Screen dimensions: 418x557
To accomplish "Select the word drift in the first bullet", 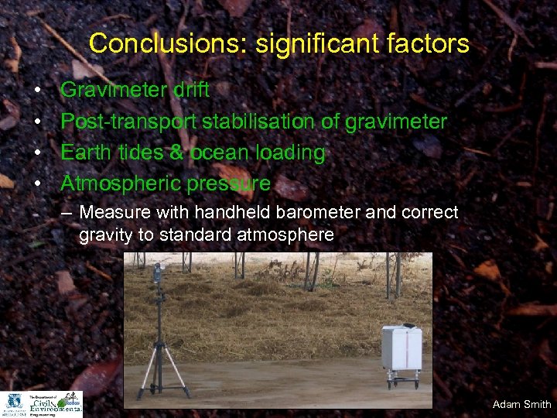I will point(190,90).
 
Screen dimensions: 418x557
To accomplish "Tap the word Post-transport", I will point(128,122).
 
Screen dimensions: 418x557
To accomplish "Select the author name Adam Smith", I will point(521,404).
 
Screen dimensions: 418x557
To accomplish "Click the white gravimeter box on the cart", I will point(402,348).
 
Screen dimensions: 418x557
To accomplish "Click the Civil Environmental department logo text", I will point(53,403).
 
